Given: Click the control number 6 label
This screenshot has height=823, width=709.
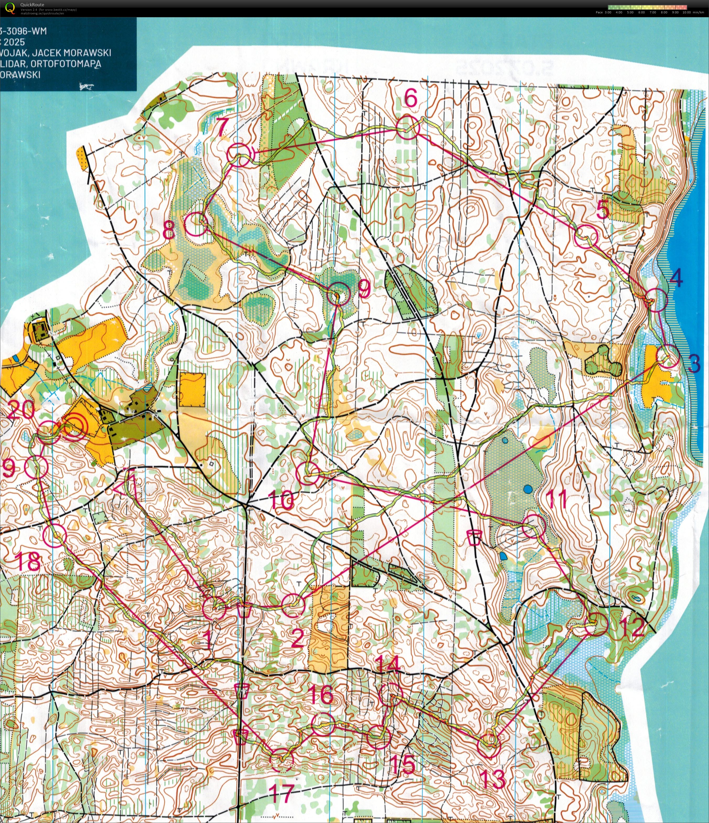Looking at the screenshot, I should [411, 98].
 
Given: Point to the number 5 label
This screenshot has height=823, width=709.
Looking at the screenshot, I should [603, 210].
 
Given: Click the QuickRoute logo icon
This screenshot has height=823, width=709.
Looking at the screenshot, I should [9, 8].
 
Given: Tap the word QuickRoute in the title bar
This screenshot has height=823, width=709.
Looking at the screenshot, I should [32, 5].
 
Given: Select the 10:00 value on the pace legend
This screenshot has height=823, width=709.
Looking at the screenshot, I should [686, 12].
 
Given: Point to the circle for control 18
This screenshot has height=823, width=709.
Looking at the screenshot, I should [55, 536].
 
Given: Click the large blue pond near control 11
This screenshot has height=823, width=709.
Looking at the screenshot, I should [527, 489].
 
